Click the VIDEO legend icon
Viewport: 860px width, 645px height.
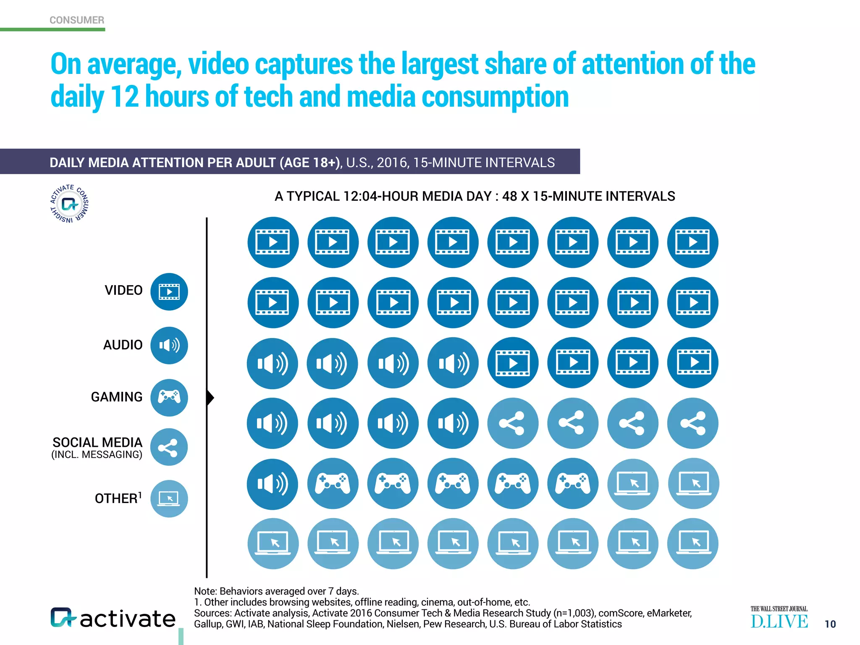point(169,291)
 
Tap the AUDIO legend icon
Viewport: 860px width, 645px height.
point(169,345)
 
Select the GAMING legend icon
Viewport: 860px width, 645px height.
point(169,397)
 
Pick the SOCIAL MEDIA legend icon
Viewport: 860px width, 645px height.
point(169,447)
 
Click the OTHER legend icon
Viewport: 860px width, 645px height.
point(169,498)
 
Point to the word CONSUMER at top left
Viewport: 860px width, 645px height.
point(77,20)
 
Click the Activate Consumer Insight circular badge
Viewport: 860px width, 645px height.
point(69,204)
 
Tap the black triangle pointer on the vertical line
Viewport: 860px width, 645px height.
point(210,397)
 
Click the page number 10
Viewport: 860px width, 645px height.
point(830,624)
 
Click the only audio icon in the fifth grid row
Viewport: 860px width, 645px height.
point(273,484)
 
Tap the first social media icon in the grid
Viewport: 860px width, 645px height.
point(512,423)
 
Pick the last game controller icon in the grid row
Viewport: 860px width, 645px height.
point(573,484)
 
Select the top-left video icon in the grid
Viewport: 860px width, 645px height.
point(273,242)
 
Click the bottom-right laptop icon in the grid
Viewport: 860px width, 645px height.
point(693,543)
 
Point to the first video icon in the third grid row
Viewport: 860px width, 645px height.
point(512,363)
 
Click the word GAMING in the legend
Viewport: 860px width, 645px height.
point(117,397)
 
